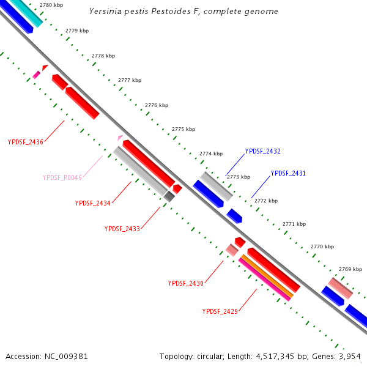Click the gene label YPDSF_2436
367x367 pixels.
25,142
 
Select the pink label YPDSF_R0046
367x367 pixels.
62,177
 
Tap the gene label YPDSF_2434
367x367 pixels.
92,203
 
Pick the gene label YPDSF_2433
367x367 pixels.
122,229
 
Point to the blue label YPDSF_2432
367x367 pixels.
262,151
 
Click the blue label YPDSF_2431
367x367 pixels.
288,174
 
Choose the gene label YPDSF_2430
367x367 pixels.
185,283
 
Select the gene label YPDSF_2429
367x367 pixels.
220,311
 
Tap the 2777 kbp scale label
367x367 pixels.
130,80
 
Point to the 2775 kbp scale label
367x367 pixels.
183,129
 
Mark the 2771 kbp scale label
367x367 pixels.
294,224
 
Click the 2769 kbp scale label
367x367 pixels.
350,269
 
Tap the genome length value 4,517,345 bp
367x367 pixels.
292,356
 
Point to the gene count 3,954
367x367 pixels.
349,356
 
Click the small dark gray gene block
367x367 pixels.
169,196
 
